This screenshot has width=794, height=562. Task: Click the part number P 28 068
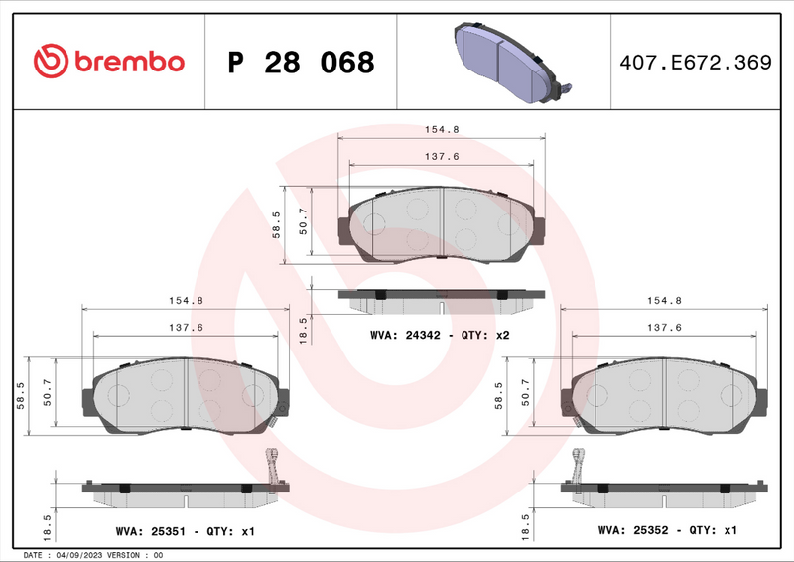pyautogui.click(x=301, y=63)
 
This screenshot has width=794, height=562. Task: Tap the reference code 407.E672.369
pyautogui.click(x=694, y=63)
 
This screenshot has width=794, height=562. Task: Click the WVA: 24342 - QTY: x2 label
pyautogui.click(x=439, y=336)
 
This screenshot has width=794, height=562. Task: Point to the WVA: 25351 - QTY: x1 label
pyautogui.click(x=185, y=531)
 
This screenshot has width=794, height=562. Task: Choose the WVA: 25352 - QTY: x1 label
pyautogui.click(x=667, y=531)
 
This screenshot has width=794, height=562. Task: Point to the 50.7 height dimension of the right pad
pyautogui.click(x=525, y=395)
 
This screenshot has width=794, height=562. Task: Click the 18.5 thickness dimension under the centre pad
pyautogui.click(x=304, y=327)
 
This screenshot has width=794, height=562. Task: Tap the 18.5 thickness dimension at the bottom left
pyautogui.click(x=48, y=522)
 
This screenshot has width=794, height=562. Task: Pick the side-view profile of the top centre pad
pyautogui.click(x=442, y=295)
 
